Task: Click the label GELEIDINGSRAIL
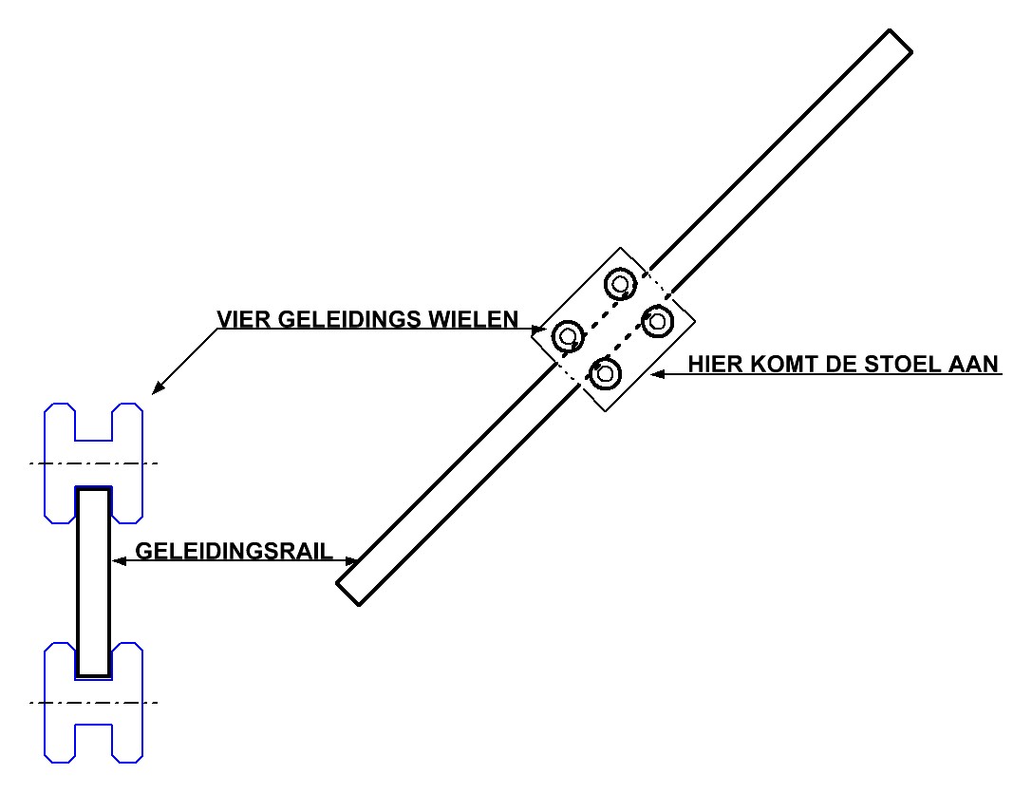pos(235,551)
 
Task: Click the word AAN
pos(978,364)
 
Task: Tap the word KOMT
pos(795,364)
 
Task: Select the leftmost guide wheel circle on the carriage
pos(568,335)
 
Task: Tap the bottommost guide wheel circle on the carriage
pos(605,373)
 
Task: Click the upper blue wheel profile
pos(94,463)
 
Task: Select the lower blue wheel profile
pos(94,703)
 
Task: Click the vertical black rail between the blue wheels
pos(94,581)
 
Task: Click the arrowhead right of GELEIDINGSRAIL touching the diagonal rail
pos(353,560)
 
